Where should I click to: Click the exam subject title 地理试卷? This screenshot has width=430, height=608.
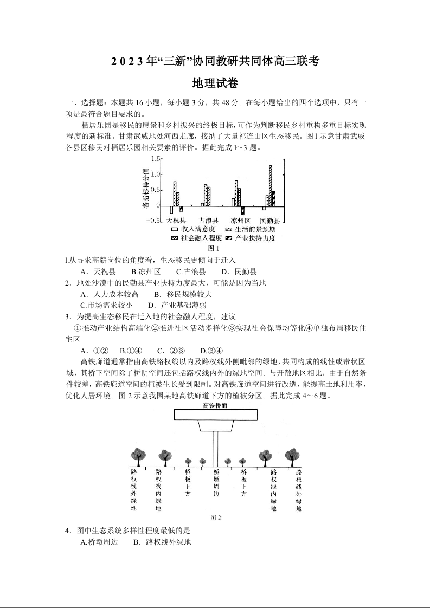pyautogui.click(x=215, y=83)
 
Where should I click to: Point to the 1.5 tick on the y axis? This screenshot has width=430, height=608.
pyautogui.click(x=156, y=159)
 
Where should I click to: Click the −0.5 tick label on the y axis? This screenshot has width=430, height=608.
pyautogui.click(x=154, y=221)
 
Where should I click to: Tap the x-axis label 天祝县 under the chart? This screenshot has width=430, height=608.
pyautogui.click(x=176, y=221)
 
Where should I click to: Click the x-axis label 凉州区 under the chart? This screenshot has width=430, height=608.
pyautogui.click(x=240, y=221)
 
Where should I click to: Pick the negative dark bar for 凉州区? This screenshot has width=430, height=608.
pyautogui.click(x=243, y=210)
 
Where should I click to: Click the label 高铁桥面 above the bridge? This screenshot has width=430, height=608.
pyautogui.click(x=215, y=405)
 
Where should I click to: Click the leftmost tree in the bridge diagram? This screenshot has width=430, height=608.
pyautogui.click(x=138, y=456)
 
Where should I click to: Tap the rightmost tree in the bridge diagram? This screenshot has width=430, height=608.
pyautogui.click(x=292, y=456)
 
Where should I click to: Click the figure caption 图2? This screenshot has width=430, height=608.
pyautogui.click(x=216, y=518)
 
